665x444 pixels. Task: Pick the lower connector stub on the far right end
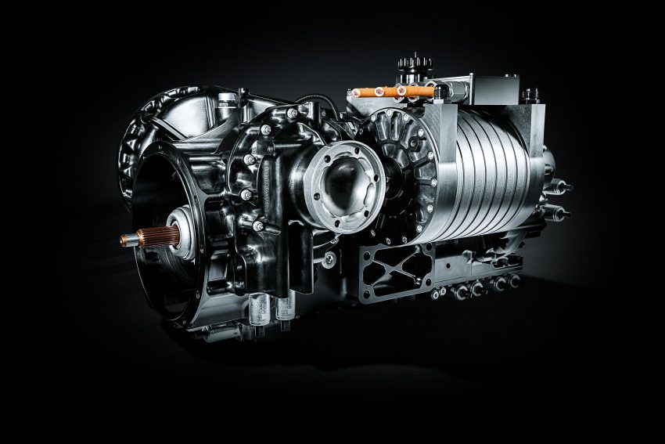tap(562, 211)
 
